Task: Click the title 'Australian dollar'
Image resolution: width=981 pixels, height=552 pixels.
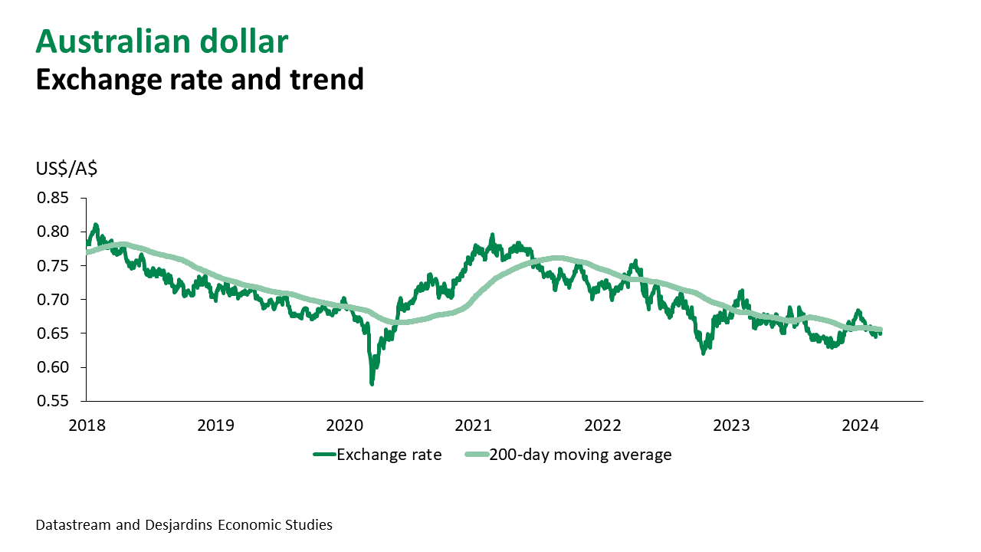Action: click(162, 41)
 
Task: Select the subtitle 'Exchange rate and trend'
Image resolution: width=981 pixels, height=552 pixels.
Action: click(199, 79)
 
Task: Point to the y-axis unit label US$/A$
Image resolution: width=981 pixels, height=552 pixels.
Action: click(67, 169)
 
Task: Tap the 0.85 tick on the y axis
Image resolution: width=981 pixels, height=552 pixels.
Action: click(53, 198)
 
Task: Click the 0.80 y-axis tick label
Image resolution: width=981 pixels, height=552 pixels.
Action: click(53, 232)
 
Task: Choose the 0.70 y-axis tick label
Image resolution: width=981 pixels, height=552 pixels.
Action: click(53, 299)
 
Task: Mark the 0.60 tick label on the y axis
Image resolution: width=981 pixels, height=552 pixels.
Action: click(53, 366)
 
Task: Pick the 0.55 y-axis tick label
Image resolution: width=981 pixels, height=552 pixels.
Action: click(53, 400)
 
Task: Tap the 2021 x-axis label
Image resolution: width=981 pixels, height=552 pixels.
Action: click(473, 425)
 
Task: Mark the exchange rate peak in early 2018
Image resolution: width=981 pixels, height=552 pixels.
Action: click(95, 225)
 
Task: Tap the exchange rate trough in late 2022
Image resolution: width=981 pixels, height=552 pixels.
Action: click(704, 353)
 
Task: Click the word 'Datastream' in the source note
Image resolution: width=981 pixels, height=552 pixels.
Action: click(71, 525)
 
